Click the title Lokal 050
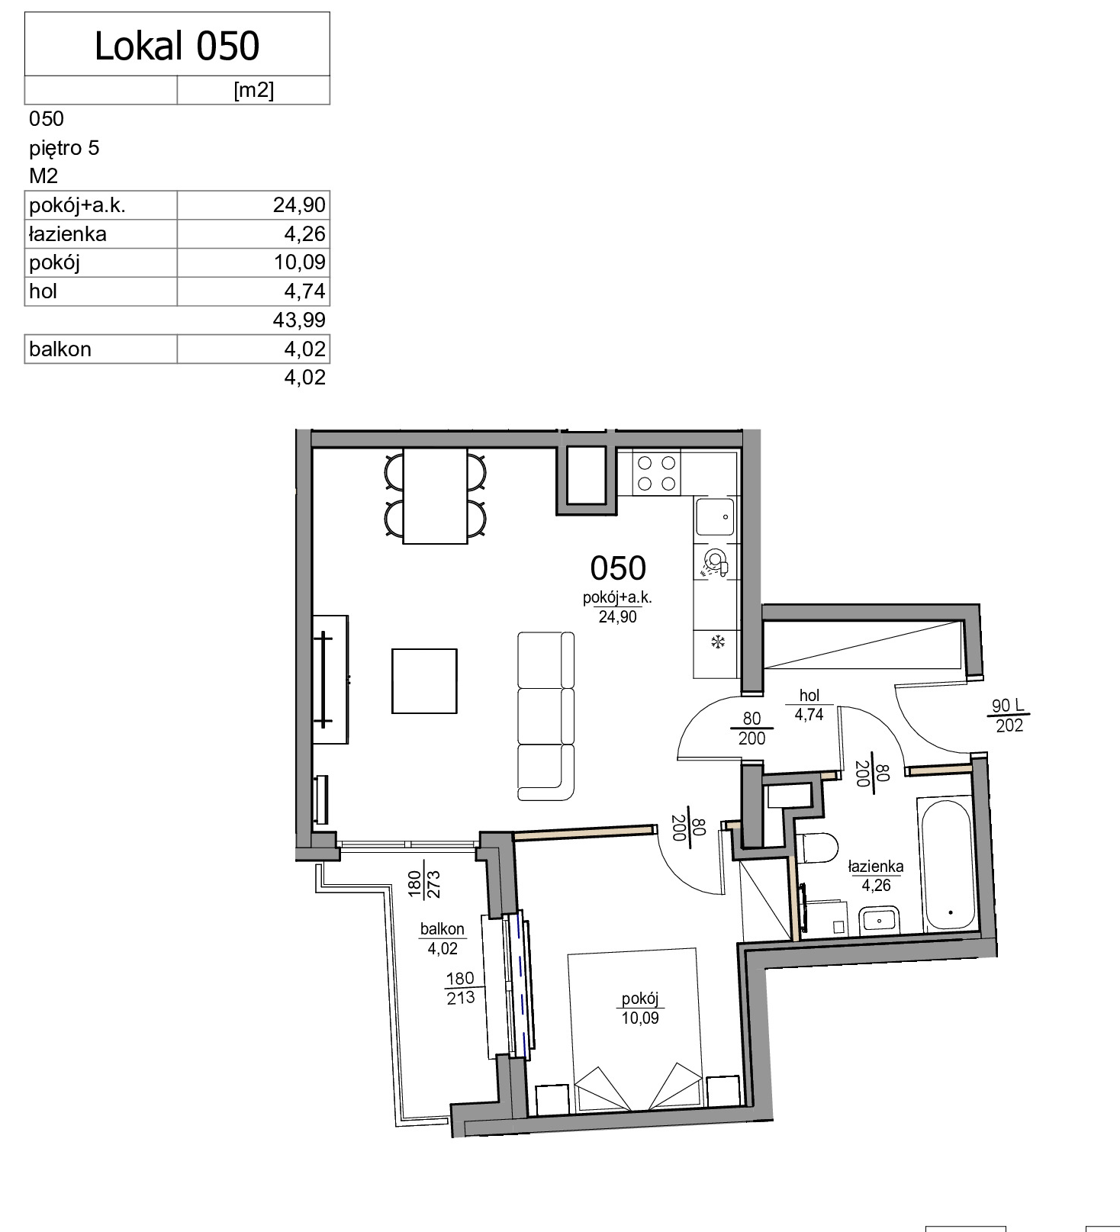coord(177,46)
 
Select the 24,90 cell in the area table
coord(299,205)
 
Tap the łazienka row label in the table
coord(67,234)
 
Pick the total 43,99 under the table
coord(299,320)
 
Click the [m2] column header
coord(253,90)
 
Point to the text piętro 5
coord(64,147)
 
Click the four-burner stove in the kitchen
coord(656,472)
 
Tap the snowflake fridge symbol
coord(717,642)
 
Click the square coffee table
coord(424,680)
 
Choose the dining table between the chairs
coord(435,496)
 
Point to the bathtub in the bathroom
coord(946,865)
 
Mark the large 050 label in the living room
coord(618,568)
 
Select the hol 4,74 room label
coord(809,705)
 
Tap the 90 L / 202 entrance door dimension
coord(1009,716)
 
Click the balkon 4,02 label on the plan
coord(443,938)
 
